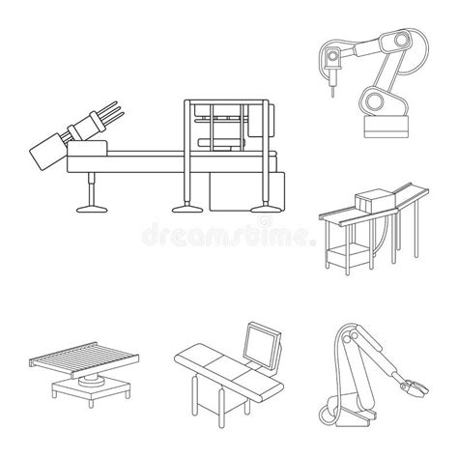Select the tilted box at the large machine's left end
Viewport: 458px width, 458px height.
[44, 153]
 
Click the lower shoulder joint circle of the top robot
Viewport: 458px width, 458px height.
[372, 100]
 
